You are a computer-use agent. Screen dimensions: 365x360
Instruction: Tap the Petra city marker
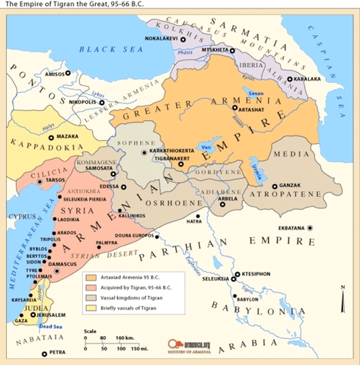[x=43, y=353]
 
